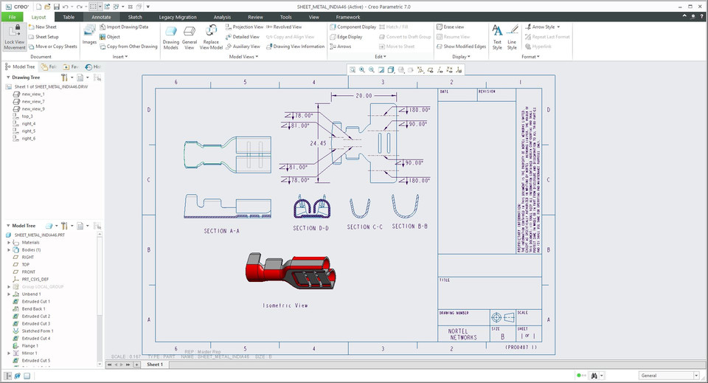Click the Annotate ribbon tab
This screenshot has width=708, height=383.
101,16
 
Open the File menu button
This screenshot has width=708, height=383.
13,16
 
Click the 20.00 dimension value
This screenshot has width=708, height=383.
364,96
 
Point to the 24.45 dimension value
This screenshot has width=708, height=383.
318,143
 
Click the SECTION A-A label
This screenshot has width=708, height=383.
222,231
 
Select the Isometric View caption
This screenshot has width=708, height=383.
285,305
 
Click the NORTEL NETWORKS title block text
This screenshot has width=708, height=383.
462,334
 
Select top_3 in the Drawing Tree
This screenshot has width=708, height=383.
27,116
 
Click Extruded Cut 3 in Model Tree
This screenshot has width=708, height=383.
35,323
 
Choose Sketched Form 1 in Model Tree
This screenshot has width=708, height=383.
35,331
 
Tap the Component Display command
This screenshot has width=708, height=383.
353,27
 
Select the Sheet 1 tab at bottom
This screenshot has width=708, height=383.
154,365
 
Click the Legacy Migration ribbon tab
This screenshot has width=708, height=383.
177,16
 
